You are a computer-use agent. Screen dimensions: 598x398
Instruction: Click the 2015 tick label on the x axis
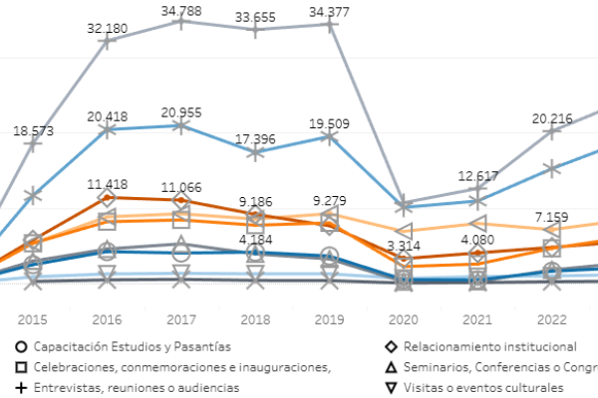[x=33, y=319]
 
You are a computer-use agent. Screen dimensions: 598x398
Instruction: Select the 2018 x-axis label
[x=255, y=319]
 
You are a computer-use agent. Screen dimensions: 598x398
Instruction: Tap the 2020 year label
[x=403, y=319]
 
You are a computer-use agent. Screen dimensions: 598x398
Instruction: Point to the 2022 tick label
[x=552, y=319]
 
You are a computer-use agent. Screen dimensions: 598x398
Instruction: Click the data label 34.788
[x=181, y=11]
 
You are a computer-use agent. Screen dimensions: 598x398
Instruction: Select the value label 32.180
[x=108, y=29]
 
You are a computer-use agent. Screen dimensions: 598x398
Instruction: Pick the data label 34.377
[x=329, y=12]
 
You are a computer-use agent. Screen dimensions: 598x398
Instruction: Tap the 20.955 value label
[x=181, y=112]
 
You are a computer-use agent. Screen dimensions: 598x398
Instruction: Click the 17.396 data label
[x=255, y=139]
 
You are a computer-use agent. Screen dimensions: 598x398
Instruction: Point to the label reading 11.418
[x=108, y=184]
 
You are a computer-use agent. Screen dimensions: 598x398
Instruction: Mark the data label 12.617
[x=477, y=176]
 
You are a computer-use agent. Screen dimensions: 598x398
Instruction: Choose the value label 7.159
[x=551, y=217]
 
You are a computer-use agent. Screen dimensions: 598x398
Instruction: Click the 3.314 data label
[x=404, y=246]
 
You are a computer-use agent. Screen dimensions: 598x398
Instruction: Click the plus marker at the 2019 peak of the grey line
[x=329, y=25]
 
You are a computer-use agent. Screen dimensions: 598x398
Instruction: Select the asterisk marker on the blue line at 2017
[x=181, y=125]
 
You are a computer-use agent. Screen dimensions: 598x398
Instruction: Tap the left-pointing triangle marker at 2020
[x=405, y=231]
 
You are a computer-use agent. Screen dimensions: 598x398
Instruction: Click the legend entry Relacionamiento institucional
[x=481, y=346]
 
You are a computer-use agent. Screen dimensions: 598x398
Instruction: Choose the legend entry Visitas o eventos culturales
[x=474, y=388]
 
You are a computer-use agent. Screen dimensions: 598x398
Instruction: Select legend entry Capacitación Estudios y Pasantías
[x=124, y=346]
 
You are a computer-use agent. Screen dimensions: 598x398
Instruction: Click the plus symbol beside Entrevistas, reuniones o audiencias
[x=21, y=388]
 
